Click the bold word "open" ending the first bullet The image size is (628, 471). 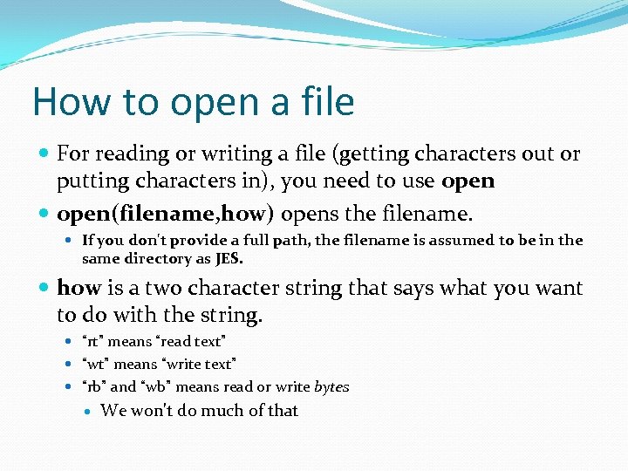(x=468, y=181)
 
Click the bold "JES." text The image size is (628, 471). (x=229, y=258)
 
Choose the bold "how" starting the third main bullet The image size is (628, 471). (x=79, y=288)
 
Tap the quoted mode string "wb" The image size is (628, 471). (x=157, y=386)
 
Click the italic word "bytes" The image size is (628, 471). (x=331, y=386)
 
